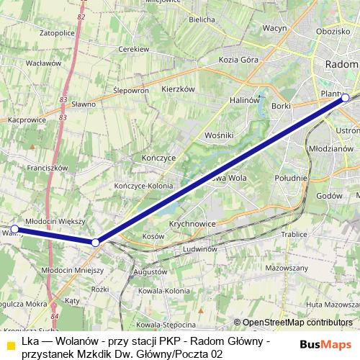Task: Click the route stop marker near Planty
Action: click(x=345, y=97)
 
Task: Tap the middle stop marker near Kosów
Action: click(x=96, y=243)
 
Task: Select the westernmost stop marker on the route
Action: click(x=14, y=229)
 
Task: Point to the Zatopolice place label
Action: click(x=58, y=33)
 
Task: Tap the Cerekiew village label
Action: click(x=133, y=49)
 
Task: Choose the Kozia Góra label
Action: click(x=238, y=60)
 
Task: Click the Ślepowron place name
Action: click(x=131, y=91)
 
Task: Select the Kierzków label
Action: click(x=179, y=89)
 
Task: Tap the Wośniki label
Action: click(x=219, y=135)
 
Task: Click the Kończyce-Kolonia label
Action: click(x=145, y=185)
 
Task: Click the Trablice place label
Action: click(x=294, y=234)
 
